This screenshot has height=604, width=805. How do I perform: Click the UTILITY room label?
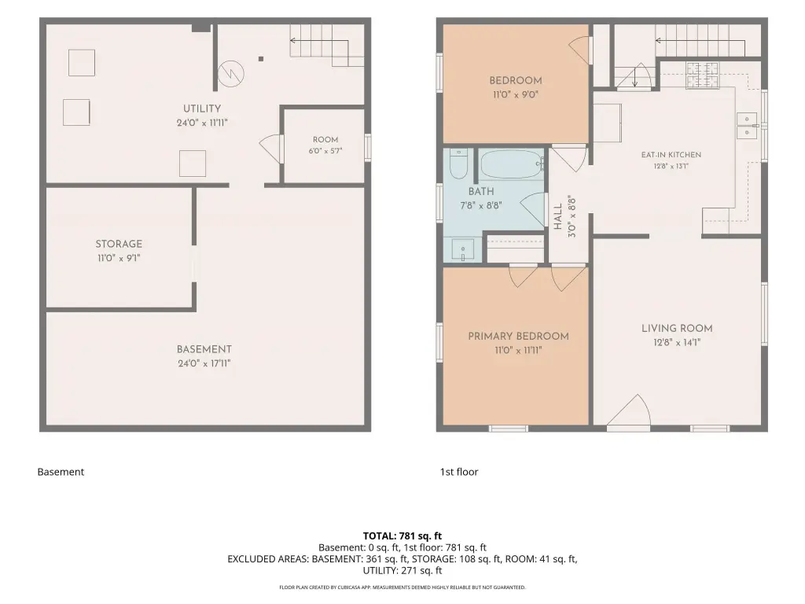pos(202,109)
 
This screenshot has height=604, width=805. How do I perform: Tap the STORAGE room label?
pos(119,244)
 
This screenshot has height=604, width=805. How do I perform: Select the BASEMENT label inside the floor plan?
pos(204,349)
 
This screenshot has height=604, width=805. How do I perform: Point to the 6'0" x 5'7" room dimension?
pos(325,151)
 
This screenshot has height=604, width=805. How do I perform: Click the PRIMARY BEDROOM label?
pos(519,337)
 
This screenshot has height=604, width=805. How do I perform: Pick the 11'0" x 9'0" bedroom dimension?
pos(516,94)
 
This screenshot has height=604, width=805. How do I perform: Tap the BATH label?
pos(481,192)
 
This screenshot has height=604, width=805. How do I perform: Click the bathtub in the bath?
pos(512,164)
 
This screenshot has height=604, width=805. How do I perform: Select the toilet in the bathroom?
pos(458,164)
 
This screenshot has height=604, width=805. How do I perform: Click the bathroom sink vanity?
pos(462,250)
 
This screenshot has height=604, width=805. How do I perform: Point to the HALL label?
pos(558,216)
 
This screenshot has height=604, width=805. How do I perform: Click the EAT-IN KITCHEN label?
pos(671,155)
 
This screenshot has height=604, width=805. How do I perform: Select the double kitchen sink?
pos(747,126)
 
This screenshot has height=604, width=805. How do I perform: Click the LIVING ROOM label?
pos(677,328)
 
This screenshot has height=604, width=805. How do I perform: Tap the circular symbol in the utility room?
pos(230,74)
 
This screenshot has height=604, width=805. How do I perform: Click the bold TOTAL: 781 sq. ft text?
pos(402,536)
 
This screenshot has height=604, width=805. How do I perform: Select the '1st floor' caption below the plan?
pos(459,472)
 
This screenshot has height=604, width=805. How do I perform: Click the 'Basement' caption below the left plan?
pos(61,472)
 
